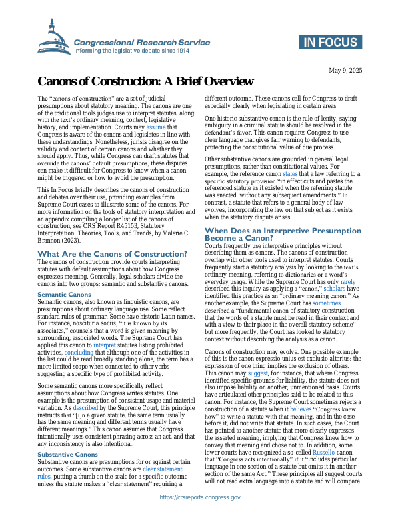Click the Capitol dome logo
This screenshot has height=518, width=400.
click(54, 38)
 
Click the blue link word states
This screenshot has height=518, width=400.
click(291, 173)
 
